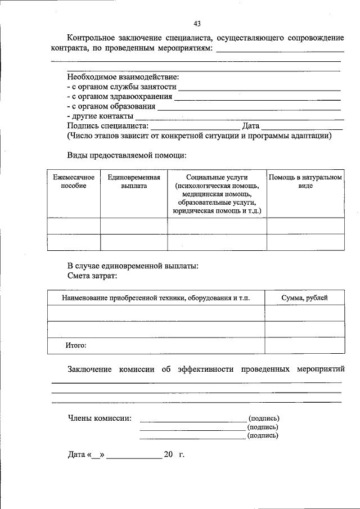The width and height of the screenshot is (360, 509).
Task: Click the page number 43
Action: pos(197,24)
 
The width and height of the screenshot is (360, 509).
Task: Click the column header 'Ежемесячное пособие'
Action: pos(74,182)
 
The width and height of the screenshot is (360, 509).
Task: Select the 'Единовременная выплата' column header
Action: pos(134,182)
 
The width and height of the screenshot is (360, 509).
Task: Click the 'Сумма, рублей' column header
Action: pos(304,298)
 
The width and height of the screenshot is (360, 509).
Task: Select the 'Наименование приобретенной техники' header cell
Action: pos(156,298)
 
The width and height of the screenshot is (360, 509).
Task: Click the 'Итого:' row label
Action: pos(75,345)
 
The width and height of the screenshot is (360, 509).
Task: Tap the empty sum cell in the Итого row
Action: pos(304,345)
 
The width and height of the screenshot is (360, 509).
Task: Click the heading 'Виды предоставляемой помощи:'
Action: pos(127,155)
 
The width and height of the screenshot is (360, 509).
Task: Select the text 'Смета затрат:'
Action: pos(93,276)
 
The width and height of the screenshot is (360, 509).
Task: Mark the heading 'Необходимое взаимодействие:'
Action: pos(123,77)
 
